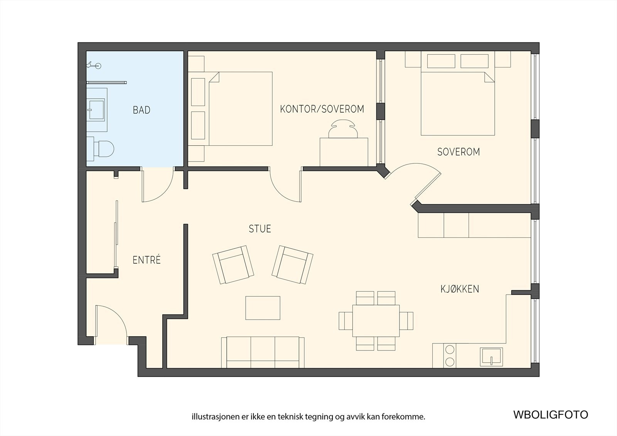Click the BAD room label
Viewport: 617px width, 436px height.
point(142,110)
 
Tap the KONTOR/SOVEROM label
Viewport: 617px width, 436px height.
point(322,109)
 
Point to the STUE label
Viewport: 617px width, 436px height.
point(260,229)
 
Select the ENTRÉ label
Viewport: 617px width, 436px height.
point(147,260)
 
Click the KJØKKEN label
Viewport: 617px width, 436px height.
point(460,289)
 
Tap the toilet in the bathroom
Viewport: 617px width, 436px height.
point(100,149)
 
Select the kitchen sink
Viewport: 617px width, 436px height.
point(491,357)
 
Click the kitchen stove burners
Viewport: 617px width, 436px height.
point(450,355)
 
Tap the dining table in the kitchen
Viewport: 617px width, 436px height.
point(376,321)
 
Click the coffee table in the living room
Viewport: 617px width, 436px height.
point(263,308)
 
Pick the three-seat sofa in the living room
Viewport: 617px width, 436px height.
point(263,352)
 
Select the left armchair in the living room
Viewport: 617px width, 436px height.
point(233,265)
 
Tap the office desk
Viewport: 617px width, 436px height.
point(344,152)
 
